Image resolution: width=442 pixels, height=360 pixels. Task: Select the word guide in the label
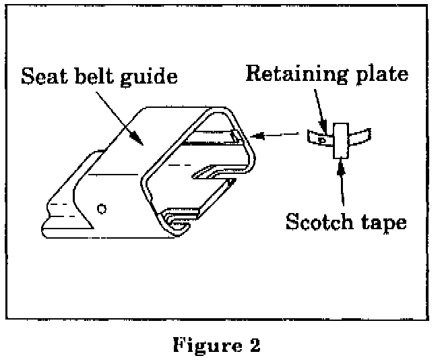149,76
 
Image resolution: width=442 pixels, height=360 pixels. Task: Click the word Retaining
294,73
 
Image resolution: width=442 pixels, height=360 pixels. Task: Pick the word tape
381,222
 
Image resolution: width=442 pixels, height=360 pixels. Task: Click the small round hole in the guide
101,209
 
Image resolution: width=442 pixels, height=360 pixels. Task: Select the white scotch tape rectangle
340,140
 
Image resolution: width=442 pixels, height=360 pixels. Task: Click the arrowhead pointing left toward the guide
255,137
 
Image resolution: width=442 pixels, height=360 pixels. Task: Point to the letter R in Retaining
253,72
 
